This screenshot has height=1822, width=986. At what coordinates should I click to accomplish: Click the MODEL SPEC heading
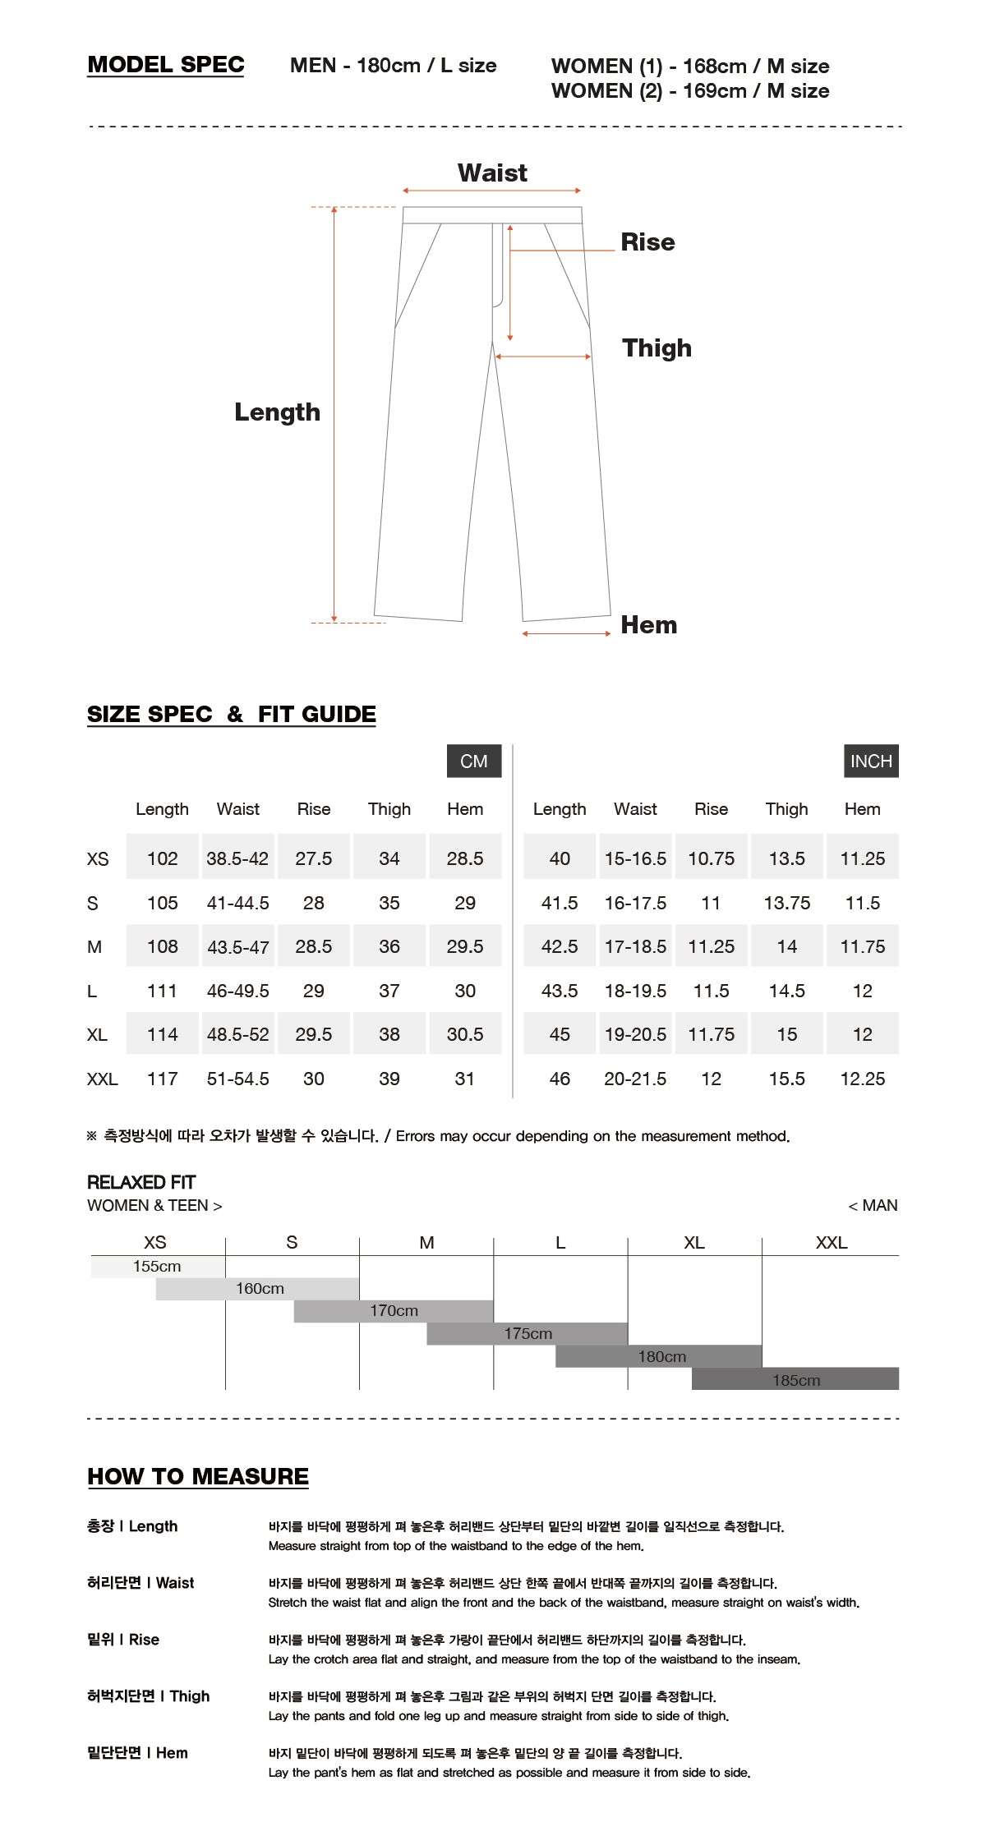[x=165, y=65]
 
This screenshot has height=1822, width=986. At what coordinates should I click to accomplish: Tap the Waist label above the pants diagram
[x=492, y=173]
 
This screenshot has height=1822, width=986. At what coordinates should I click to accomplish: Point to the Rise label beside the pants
[x=647, y=242]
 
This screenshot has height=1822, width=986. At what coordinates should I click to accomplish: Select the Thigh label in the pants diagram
[x=657, y=347]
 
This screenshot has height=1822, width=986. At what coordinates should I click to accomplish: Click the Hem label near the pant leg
[x=648, y=624]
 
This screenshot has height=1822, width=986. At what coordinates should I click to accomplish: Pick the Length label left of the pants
[x=277, y=412]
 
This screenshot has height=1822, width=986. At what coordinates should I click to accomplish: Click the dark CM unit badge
[x=474, y=761]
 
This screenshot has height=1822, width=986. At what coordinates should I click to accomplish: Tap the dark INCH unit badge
[x=871, y=761]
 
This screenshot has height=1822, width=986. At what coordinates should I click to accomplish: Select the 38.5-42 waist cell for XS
[x=237, y=858]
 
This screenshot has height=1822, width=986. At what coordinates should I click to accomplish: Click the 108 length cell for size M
[x=162, y=946]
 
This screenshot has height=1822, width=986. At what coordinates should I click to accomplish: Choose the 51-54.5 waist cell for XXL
[x=237, y=1079]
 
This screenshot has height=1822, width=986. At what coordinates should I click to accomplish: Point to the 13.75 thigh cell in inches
[x=786, y=903]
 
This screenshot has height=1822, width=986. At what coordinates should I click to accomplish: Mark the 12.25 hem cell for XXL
[x=862, y=1079]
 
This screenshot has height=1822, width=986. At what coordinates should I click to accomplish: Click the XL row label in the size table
[x=97, y=1034]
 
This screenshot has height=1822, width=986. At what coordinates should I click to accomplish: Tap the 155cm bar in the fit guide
[x=158, y=1266]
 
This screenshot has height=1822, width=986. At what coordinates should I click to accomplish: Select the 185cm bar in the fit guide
[x=795, y=1379]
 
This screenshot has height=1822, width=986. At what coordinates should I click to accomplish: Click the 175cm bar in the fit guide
[x=528, y=1333]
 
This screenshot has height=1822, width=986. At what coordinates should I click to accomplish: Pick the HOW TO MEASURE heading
[x=198, y=1476]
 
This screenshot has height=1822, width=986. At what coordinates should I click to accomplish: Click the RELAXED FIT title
[x=141, y=1182]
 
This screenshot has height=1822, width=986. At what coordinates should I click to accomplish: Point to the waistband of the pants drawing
[x=492, y=215]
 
